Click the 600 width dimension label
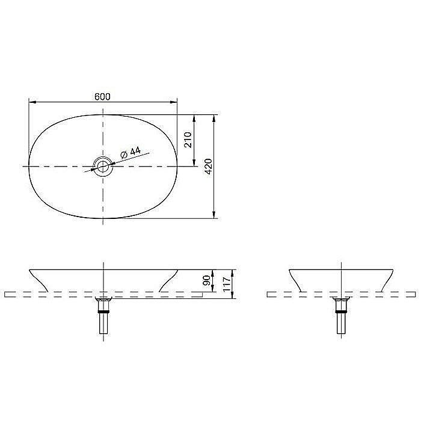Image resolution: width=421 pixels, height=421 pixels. [x=102, y=97]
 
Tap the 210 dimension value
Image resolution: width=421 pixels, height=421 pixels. [x=188, y=140]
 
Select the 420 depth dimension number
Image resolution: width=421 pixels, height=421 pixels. [x=209, y=167]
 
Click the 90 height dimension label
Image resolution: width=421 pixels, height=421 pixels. [x=206, y=281]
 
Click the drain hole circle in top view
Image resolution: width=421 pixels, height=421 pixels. [x=103, y=167]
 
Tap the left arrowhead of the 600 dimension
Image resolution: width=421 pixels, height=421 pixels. [x=32, y=102]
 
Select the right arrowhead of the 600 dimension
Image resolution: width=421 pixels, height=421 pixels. [x=174, y=102]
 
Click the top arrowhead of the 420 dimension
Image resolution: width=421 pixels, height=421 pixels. [x=214, y=118]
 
